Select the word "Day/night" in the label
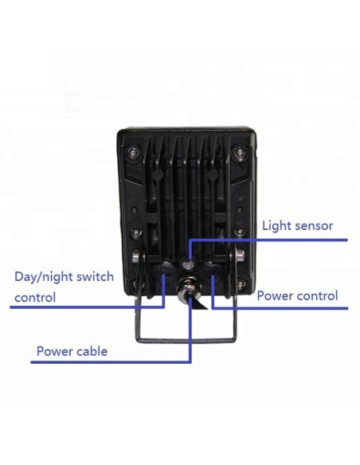(43, 277)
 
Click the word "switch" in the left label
(95, 276)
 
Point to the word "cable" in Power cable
(92, 351)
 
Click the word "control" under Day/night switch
(35, 297)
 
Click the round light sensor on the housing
(188, 264)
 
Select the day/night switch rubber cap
(166, 268)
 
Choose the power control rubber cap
(211, 268)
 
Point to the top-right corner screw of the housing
(240, 153)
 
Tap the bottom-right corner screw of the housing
(241, 285)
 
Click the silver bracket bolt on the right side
(240, 256)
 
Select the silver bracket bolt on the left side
(136, 256)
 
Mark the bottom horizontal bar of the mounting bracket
(187, 340)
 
